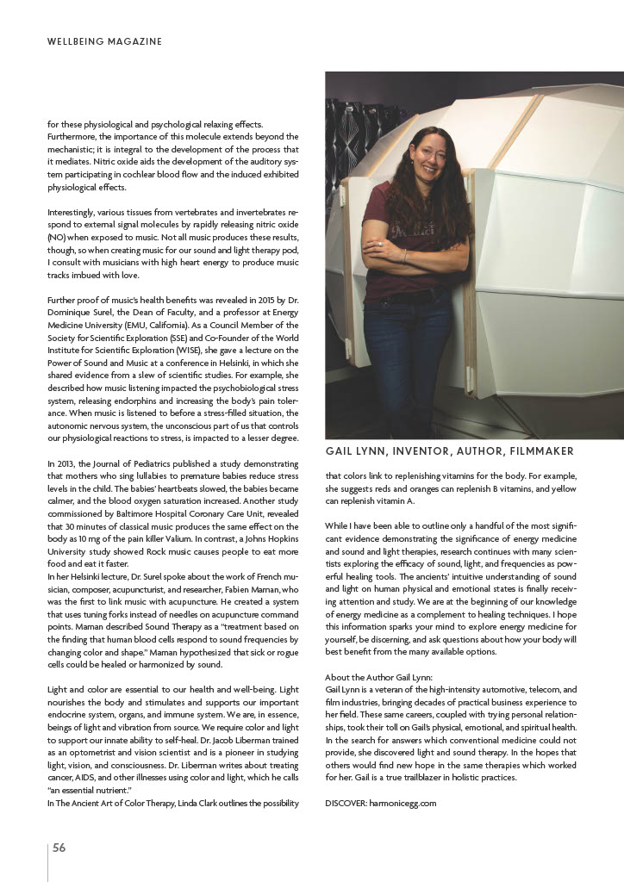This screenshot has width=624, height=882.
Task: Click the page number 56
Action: point(59,848)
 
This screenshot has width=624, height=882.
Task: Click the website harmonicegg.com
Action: point(402,803)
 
